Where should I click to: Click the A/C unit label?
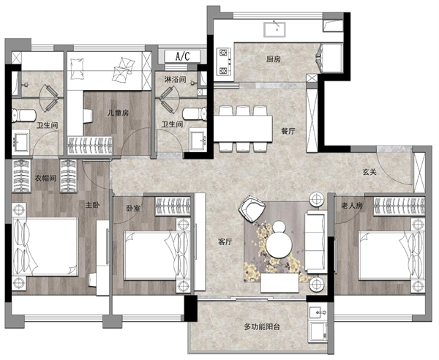coord(182,56)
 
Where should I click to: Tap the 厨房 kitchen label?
coord(274,59)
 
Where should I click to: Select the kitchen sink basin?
coord(274,29)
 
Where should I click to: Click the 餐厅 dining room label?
coord(288,131)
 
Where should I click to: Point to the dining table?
coord(243,129)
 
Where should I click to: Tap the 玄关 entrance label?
coord(369,172)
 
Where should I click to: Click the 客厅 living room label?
coord(225,242)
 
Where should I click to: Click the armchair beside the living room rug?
coord(252,209)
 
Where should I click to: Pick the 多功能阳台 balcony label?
coord(262,326)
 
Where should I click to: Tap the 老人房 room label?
coord(352,206)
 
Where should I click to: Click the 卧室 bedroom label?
coord(133,209)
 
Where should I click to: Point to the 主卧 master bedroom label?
coord(92,205)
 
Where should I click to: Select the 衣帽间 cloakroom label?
coord(45,178)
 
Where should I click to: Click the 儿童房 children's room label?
coord(118,113)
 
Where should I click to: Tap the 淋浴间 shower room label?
coord(175,79)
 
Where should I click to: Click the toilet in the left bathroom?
coord(24,116)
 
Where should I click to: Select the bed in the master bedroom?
coord(45,247)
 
